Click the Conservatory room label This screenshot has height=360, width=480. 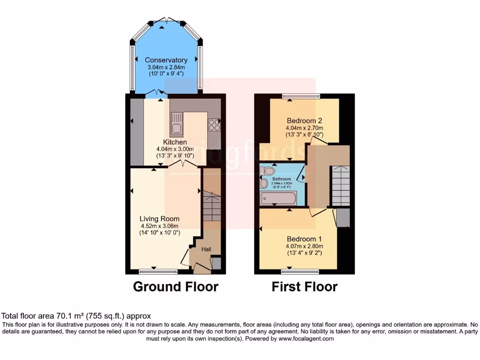click(x=166, y=60)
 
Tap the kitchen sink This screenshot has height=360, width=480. click(x=177, y=123)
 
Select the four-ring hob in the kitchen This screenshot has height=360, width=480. click(x=214, y=124)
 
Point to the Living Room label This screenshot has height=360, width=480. click(x=159, y=218)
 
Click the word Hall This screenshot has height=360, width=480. click(x=206, y=250)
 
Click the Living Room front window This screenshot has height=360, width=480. click(x=158, y=271)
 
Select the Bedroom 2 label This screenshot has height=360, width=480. click(x=304, y=120)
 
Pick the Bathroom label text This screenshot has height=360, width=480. click(x=282, y=179)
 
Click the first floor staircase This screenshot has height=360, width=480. click(x=340, y=185)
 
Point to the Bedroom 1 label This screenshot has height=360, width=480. click(x=304, y=238)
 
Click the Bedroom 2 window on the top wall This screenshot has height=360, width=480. click(x=301, y=97)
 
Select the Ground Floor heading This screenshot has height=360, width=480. click(x=176, y=286)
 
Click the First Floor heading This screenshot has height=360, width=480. click(x=304, y=286)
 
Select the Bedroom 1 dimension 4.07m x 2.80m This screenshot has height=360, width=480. click(x=304, y=246)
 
